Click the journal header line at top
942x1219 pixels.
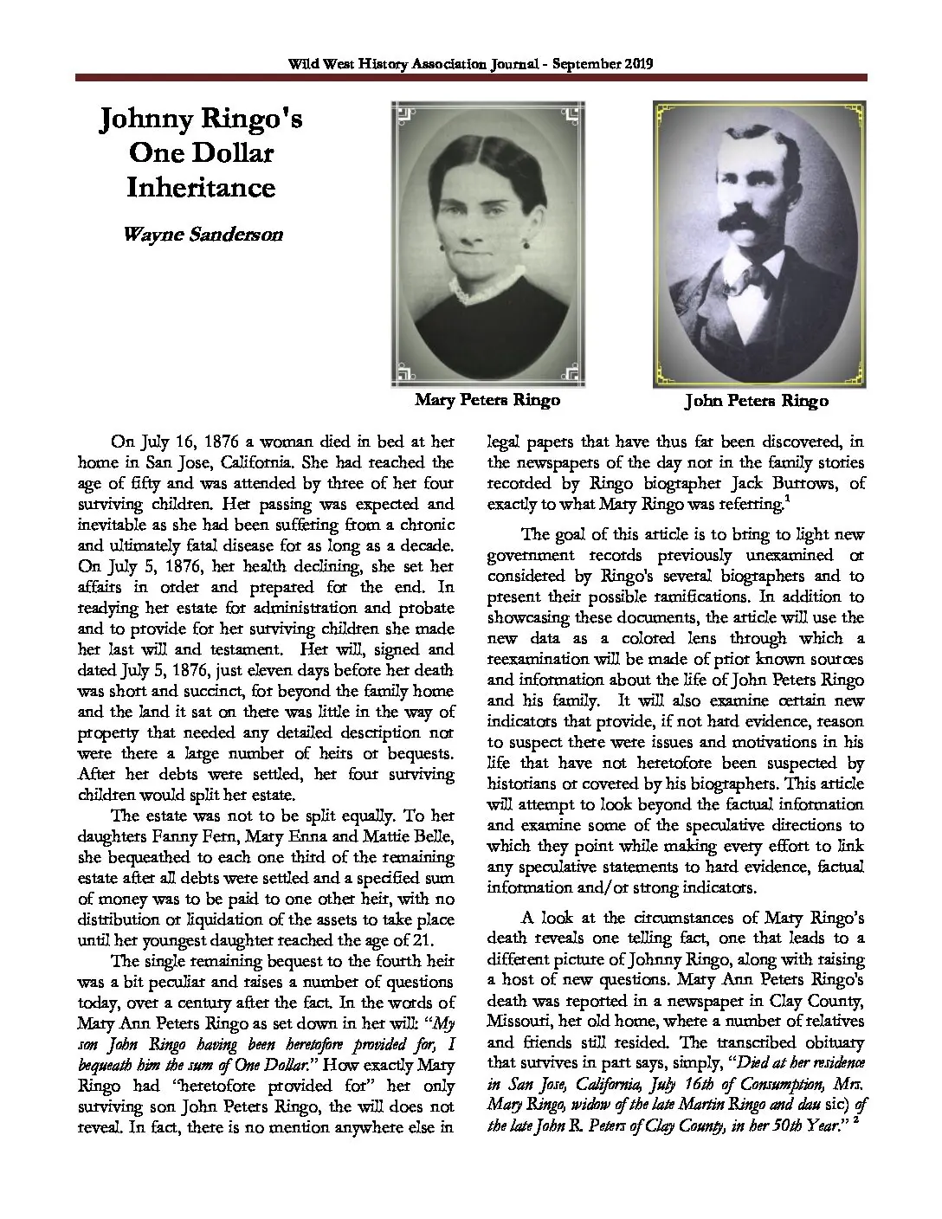[471, 64]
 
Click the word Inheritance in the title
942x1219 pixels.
[200, 187]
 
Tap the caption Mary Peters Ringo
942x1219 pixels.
[487, 399]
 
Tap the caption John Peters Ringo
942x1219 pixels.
[757, 401]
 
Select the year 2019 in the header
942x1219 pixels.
[636, 64]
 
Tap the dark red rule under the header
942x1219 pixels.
[471, 78]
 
